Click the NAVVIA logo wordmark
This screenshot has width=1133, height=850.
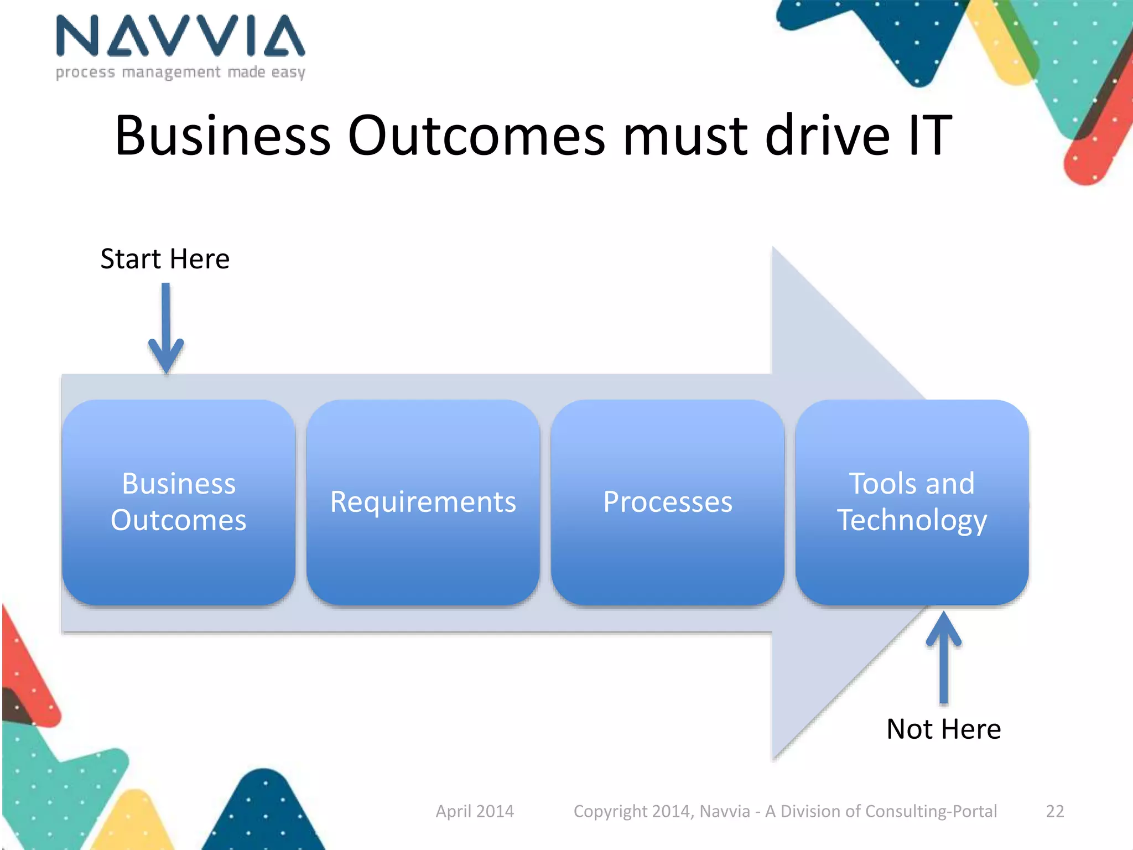coord(180,37)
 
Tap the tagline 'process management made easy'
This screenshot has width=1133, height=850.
coord(180,72)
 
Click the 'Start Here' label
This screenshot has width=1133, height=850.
coord(165,259)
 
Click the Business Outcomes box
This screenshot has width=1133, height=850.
coord(178,502)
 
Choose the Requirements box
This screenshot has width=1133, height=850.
coord(423,502)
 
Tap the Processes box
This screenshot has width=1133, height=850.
coord(667,502)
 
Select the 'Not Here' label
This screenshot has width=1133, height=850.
coord(943,729)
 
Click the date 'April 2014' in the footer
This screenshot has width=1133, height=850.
coord(475,811)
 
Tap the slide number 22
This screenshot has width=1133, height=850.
coord(1054,811)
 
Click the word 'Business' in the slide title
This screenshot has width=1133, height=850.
coord(222,136)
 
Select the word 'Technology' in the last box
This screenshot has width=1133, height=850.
coord(912,520)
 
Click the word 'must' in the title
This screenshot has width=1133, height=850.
coord(685,136)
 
